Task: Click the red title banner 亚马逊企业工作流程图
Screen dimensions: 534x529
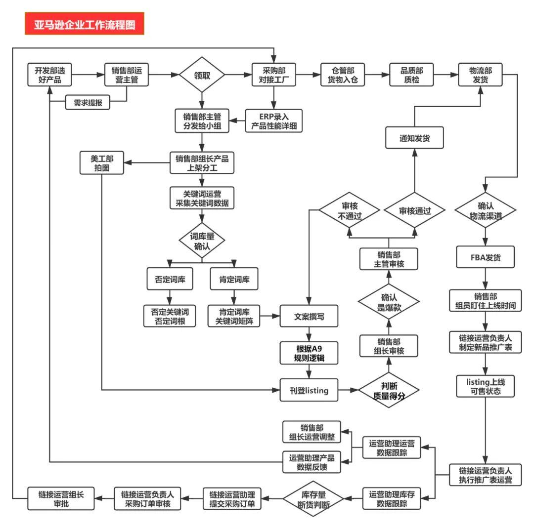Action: pyautogui.click(x=85, y=24)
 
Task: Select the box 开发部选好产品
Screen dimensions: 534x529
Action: pyautogui.click(x=50, y=75)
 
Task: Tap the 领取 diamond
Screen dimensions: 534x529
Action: pyautogui.click(x=202, y=75)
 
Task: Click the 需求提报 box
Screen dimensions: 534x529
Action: pyautogui.click(x=88, y=102)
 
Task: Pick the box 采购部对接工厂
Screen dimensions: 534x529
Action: pyautogui.click(x=274, y=75)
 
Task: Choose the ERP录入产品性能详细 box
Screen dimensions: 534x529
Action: pyautogui.click(x=274, y=121)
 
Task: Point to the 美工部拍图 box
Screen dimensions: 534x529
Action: pyautogui.click(x=102, y=163)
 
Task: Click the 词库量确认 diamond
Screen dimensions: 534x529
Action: pyautogui.click(x=202, y=241)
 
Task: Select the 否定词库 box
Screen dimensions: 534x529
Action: pyautogui.click(x=170, y=279)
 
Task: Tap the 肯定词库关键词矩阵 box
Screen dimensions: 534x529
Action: pyautogui.click(x=234, y=316)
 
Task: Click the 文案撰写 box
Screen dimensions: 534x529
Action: pyautogui.click(x=309, y=317)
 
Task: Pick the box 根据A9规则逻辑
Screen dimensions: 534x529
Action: pyautogui.click(x=309, y=353)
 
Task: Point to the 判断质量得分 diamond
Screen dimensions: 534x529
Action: pyautogui.click(x=389, y=391)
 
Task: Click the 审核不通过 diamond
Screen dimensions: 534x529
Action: pyautogui.click(x=350, y=210)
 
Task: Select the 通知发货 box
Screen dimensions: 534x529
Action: pyautogui.click(x=414, y=138)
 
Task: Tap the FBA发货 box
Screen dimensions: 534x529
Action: pyautogui.click(x=486, y=257)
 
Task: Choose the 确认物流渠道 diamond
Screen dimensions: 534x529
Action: pyautogui.click(x=486, y=210)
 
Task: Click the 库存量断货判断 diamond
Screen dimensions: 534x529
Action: pyautogui.click(x=313, y=499)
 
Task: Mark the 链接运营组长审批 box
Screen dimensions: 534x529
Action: pyautogui.click(x=61, y=499)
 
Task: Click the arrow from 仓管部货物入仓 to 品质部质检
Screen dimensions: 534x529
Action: pyautogui.click(x=377, y=75)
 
